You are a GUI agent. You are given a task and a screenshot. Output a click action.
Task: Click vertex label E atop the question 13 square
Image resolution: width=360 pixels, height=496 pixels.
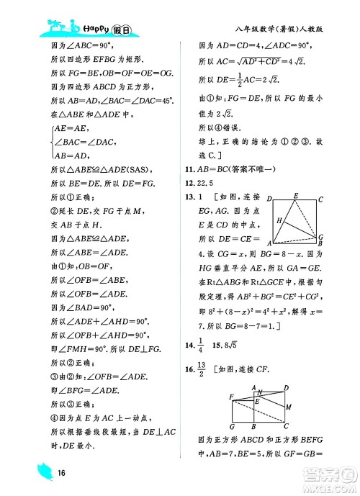pyautogui.click(x=295, y=196)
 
